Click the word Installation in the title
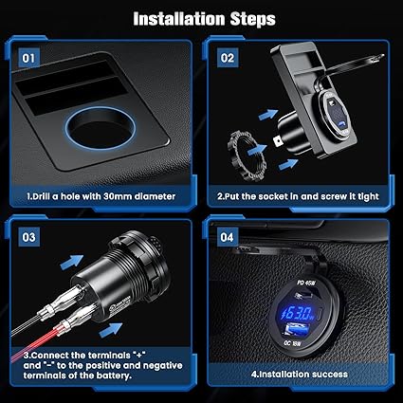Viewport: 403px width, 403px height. [x=179, y=19]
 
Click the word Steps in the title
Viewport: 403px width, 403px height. [x=253, y=20]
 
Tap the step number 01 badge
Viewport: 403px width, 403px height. [x=28, y=58]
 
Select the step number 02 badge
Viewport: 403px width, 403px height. [x=228, y=58]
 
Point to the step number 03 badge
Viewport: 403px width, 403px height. [x=28, y=237]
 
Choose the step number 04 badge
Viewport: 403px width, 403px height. [x=228, y=237]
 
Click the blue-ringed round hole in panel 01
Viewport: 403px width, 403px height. [x=101, y=128]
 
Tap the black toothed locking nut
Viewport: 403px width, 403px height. [x=247, y=156]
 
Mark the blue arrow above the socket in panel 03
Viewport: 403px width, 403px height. [x=72, y=262]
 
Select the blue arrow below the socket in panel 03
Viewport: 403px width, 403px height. [x=111, y=330]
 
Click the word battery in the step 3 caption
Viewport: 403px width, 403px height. [x=114, y=376]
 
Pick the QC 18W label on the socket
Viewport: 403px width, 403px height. [x=292, y=343]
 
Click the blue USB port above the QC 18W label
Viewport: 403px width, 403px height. [x=297, y=330]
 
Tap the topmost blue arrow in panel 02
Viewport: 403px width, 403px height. [x=268, y=115]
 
